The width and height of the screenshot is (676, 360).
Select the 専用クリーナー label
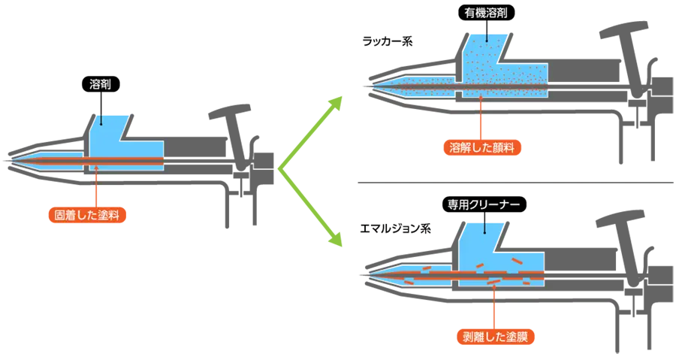tap(484, 204)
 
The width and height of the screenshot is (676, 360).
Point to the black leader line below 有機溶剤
tap(487, 34)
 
